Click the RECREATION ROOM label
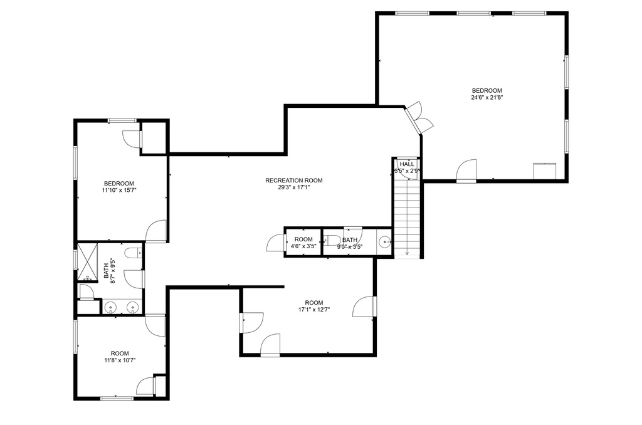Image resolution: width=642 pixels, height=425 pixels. pos(293,180)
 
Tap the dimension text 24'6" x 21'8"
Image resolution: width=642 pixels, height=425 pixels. pos(487,97)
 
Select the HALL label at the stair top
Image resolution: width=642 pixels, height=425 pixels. pos(406,164)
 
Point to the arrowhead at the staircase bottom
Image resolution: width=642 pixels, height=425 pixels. pos(408,253)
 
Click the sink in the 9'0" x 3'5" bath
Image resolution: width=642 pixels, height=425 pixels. pos(384,243)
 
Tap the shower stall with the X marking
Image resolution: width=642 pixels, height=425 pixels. pos(88,262)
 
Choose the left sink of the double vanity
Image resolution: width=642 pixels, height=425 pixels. pos(110,307)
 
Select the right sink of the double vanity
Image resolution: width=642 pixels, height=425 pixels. pos(132,307)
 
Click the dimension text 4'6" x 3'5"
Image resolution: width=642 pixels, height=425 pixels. pos(303,246)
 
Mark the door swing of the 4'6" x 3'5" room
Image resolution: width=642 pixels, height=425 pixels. pos(275,243)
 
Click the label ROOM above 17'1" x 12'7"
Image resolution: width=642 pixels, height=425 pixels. pos(314,303)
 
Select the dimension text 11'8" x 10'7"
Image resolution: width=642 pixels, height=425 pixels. pos(120,360)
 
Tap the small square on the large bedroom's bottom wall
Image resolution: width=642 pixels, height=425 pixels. pos(544,171)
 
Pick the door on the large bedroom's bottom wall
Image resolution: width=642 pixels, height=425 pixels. pos(466,170)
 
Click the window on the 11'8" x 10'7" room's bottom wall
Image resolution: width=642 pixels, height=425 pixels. pos(117,398)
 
